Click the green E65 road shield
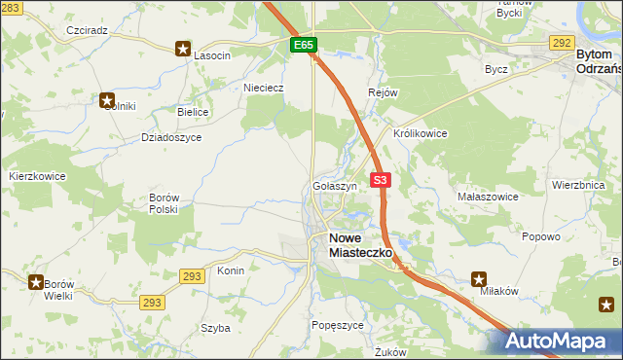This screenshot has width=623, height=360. click(x=303, y=45)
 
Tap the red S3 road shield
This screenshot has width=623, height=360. click(x=381, y=180)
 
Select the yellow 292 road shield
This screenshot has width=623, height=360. click(x=561, y=43)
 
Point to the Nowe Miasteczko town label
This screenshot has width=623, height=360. click(x=360, y=244)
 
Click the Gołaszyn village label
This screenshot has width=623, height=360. click(x=336, y=185)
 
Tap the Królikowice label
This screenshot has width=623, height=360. click(x=420, y=133)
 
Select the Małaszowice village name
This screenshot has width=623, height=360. click(x=488, y=197)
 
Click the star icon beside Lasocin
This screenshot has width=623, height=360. click(x=182, y=48)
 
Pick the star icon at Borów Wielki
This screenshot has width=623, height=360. click(x=36, y=282)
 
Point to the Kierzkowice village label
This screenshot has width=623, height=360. click(x=37, y=176)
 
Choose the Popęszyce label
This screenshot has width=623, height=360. click(x=337, y=324)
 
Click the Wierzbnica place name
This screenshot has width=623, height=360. click(x=578, y=184)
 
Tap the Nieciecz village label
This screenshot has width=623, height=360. click(x=263, y=87)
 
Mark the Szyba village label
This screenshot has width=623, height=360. click(x=215, y=328)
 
